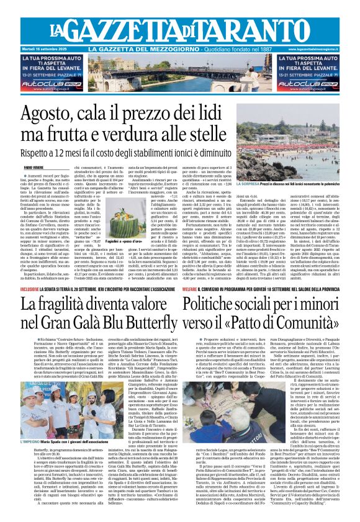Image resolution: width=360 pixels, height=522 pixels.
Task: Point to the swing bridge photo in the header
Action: [179, 70]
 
